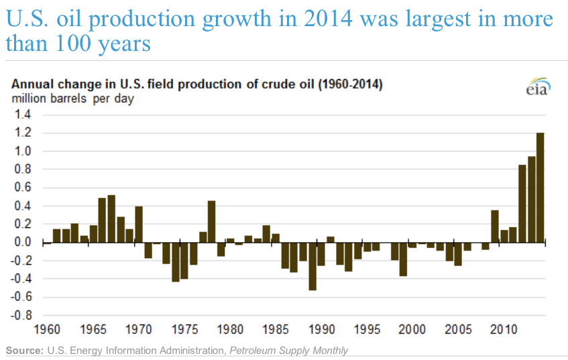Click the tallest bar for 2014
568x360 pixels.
[x=541, y=188]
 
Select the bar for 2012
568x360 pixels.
[x=522, y=203]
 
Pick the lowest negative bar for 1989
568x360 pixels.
[x=313, y=266]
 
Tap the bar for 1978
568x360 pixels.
[x=212, y=221]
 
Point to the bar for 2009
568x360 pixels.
[x=494, y=226]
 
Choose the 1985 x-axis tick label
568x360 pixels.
[x=276, y=329]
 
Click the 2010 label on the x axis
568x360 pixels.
[x=503, y=329]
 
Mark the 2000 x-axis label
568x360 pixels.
[x=412, y=329]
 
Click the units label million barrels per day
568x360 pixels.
[x=72, y=99]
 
